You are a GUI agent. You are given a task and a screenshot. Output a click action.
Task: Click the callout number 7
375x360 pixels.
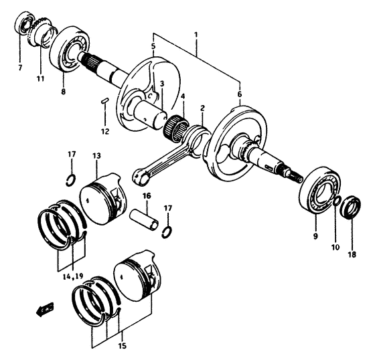pos(20,68)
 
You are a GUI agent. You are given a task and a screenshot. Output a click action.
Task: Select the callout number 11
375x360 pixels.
pos(40,78)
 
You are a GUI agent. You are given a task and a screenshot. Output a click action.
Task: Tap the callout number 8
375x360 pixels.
pos(64,92)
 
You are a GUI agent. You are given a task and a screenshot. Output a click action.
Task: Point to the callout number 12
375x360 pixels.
pos(104,130)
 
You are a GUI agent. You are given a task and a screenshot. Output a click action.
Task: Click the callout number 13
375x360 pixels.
pos(96,156)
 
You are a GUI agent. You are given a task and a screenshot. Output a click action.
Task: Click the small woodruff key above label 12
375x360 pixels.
pos(104,102)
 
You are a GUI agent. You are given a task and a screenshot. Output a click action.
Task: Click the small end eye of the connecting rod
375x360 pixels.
pos(142,177)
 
